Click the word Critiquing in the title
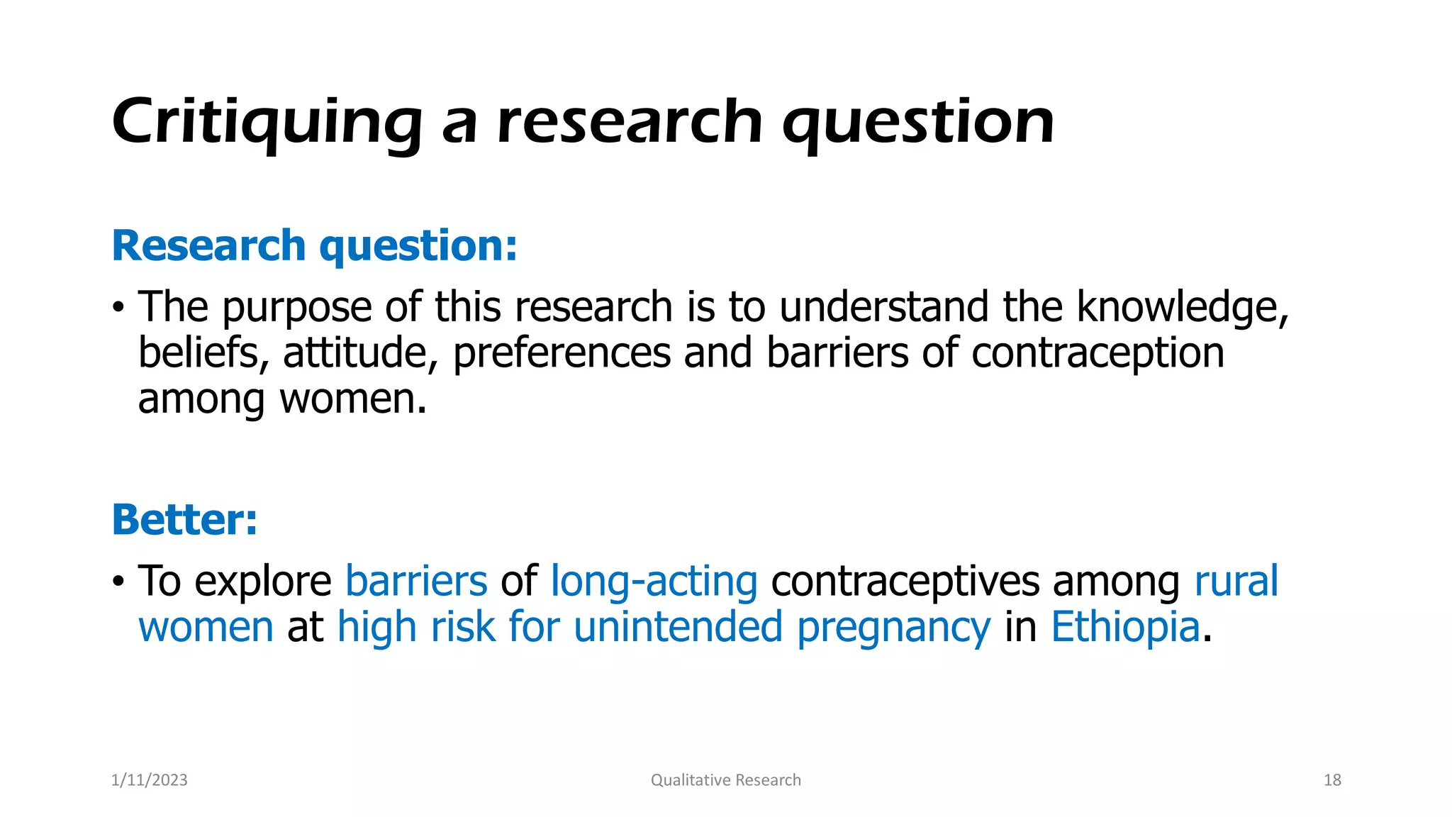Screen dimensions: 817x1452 267,122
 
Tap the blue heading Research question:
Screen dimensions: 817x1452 314,246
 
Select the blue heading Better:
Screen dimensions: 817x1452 184,520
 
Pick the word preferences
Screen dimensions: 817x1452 562,353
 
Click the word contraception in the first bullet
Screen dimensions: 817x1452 1098,353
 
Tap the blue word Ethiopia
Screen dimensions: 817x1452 1125,628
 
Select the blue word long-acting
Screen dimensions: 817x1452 654,582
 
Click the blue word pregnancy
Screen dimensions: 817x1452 893,628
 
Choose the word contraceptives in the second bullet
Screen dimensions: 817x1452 905,582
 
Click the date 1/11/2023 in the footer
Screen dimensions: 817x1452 150,780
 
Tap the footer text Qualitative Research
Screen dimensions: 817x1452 725,780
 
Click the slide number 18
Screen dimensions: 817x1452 1332,780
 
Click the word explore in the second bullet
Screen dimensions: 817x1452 262,582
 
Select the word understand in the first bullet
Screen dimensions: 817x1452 883,308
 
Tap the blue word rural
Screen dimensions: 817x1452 1236,582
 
